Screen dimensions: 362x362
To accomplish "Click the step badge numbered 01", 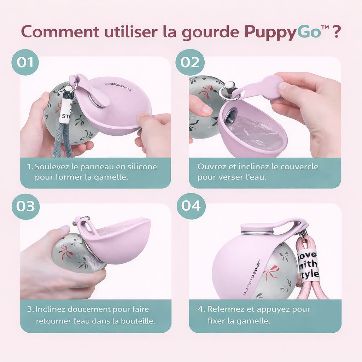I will coord(25,62).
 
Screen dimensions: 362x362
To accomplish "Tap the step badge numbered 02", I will coord(190,62).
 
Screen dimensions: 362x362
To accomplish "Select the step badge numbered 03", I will coord(25,206).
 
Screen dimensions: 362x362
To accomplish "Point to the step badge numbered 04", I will coord(191,206).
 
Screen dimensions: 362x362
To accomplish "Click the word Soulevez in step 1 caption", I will coord(52,167).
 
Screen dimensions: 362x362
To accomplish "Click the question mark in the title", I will coord(337,32).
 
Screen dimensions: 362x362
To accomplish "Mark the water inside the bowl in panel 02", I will coord(255,133).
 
